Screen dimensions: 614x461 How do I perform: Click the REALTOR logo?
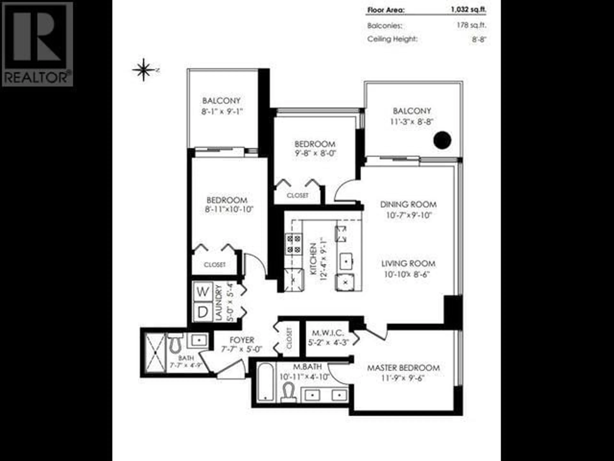[37, 44]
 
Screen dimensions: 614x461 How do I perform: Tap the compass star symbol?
[144, 70]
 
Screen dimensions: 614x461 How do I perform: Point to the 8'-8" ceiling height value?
[479, 39]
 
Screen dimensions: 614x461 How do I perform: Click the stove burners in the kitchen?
[294, 244]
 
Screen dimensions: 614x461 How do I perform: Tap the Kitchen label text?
[313, 259]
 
